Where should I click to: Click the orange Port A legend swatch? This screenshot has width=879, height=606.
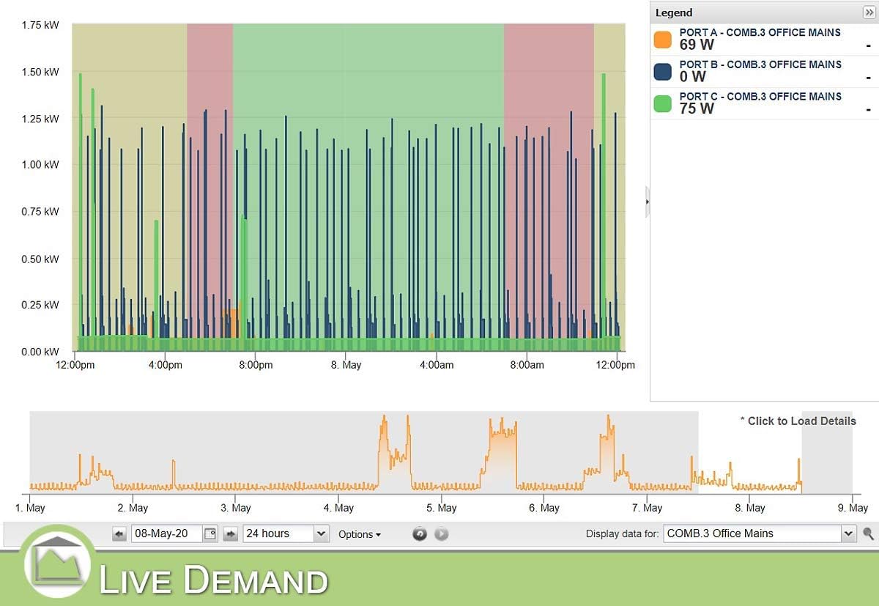662,40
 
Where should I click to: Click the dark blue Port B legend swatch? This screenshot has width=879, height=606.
662,72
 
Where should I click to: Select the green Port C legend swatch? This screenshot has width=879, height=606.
662,104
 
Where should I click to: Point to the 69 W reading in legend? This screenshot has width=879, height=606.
697,45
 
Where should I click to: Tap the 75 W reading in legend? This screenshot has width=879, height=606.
697,108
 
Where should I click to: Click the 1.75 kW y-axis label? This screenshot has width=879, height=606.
41,25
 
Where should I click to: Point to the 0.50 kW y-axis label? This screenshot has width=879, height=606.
41,259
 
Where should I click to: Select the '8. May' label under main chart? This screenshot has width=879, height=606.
345,365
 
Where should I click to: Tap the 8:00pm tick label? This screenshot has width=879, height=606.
256,365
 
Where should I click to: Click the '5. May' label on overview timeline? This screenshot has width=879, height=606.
442,508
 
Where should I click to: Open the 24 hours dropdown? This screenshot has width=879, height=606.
285,533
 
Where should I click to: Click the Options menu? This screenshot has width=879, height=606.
359,534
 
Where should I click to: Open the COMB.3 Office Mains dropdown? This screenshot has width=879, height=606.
760,533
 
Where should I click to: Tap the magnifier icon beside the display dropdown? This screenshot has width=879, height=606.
869,534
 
